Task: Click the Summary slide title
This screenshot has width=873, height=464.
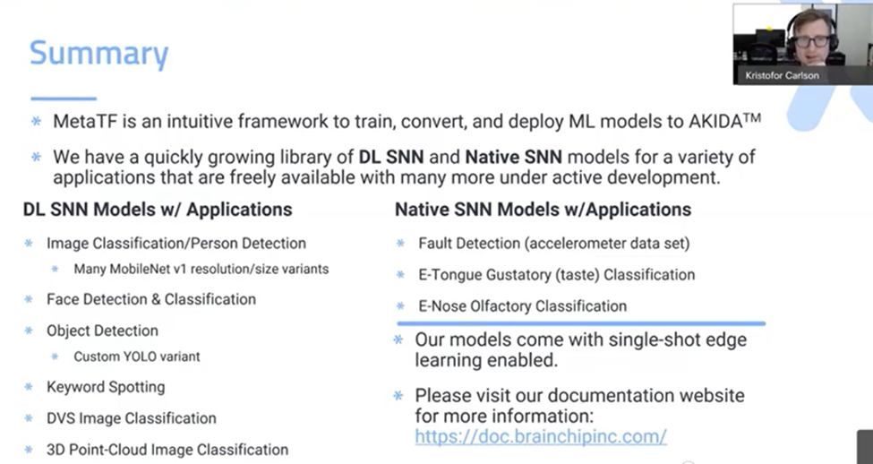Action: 98,54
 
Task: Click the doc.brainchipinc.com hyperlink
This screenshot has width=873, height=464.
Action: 541,436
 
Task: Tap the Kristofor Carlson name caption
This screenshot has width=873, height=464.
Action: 782,76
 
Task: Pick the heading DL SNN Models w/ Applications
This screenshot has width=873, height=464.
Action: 158,210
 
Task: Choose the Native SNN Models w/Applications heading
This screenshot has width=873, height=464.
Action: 543,210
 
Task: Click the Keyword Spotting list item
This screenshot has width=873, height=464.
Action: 106,387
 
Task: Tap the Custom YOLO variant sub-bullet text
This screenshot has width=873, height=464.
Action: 137,357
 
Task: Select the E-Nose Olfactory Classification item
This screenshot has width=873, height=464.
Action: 522,306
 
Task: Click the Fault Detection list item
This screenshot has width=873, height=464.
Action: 554,244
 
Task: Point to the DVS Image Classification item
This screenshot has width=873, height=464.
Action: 132,418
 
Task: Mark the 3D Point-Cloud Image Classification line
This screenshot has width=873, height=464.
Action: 167,450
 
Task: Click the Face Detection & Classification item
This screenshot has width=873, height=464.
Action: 151,299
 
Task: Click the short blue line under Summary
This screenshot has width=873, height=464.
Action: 64,99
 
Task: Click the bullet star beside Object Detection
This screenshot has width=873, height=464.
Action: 29,331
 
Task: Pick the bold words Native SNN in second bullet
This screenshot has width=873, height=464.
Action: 513,157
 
